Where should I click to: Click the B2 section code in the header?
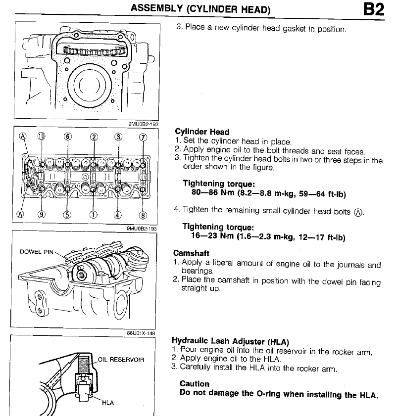(x=374, y=10)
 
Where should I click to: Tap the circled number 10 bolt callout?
(x=41, y=137)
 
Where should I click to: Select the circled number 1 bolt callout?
(x=93, y=214)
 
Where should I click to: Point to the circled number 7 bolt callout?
(x=143, y=138)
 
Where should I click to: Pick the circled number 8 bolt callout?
(x=143, y=215)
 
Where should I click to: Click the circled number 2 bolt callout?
(x=94, y=137)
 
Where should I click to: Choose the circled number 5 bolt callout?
(x=67, y=214)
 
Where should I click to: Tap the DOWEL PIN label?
(x=37, y=252)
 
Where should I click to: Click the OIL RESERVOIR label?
(x=121, y=360)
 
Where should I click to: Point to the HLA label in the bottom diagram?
(x=108, y=403)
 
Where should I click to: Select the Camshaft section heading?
(x=191, y=253)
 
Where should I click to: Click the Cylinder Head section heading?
(x=202, y=132)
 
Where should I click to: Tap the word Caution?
(x=195, y=384)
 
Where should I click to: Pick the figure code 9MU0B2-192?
(x=143, y=124)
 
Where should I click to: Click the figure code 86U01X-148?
(x=141, y=333)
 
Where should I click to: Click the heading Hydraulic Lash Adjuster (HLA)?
(x=230, y=341)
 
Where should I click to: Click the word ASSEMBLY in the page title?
(x=156, y=8)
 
